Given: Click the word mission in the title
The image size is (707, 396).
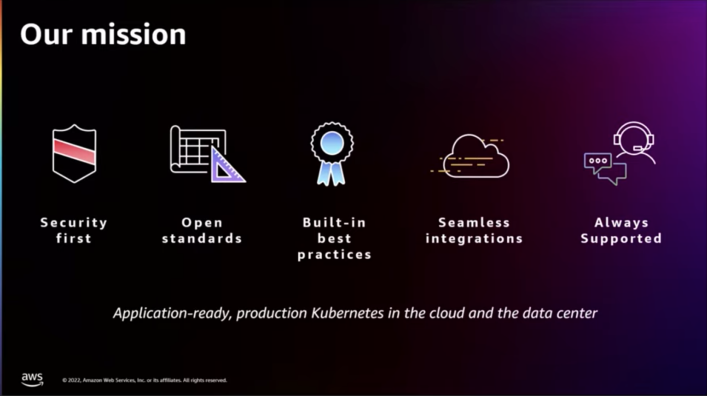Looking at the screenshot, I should coord(133,35).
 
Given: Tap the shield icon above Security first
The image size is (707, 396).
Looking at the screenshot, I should coord(74,153).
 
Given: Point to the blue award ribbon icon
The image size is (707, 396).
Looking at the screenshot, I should coord(332,154).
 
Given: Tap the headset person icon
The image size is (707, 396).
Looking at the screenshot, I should coord(634,142).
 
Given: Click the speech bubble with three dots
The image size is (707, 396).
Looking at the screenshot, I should coord(597,161).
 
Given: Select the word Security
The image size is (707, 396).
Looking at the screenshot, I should coord(74,223).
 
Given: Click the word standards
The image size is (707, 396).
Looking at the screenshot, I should coord(202,239).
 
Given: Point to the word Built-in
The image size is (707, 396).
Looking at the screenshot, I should coord(334,223).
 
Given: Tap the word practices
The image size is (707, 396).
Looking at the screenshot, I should coord(334,255).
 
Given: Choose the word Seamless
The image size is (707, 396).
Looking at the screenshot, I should coord(474,223).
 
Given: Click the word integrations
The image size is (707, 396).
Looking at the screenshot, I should coord(474,239).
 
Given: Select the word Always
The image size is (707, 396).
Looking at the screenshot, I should coord(621,223).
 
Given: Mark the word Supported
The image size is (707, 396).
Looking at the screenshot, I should coord(621,239).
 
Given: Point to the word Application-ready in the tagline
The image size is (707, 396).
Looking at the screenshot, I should coord(172,314).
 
